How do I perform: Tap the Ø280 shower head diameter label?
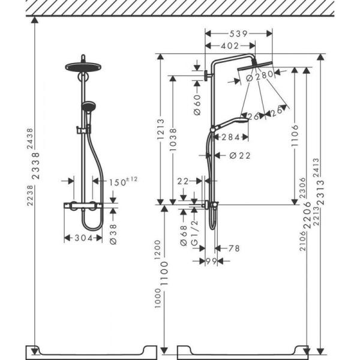click(259, 75)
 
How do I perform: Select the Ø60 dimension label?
click(196, 104)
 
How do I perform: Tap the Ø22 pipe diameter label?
click(239, 156)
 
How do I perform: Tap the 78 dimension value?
click(233, 248)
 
